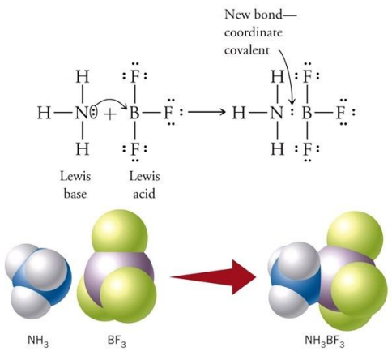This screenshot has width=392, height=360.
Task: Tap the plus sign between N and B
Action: pyautogui.click(x=110, y=114)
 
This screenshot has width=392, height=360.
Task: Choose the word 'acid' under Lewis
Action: pyautogui.click(x=144, y=194)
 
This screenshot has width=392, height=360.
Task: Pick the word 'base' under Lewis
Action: pyautogui.click(x=75, y=194)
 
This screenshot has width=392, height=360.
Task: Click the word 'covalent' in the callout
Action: pyautogui.click(x=247, y=50)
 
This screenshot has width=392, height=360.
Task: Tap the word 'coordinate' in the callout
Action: pyautogui.click(x=254, y=32)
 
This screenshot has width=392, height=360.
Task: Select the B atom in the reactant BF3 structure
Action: pyautogui.click(x=134, y=113)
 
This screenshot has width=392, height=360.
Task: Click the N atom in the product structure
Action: pyautogui.click(x=276, y=113)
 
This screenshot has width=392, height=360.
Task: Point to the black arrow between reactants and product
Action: pyautogui.click(x=207, y=112)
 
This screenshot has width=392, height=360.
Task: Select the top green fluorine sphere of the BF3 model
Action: pyautogui.click(x=120, y=231)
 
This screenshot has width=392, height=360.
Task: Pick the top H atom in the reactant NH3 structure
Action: pyautogui.click(x=83, y=76)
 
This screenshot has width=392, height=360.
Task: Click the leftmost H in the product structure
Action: pyautogui.click(x=239, y=113)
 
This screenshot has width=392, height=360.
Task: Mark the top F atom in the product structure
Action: pyautogui.click(x=307, y=76)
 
